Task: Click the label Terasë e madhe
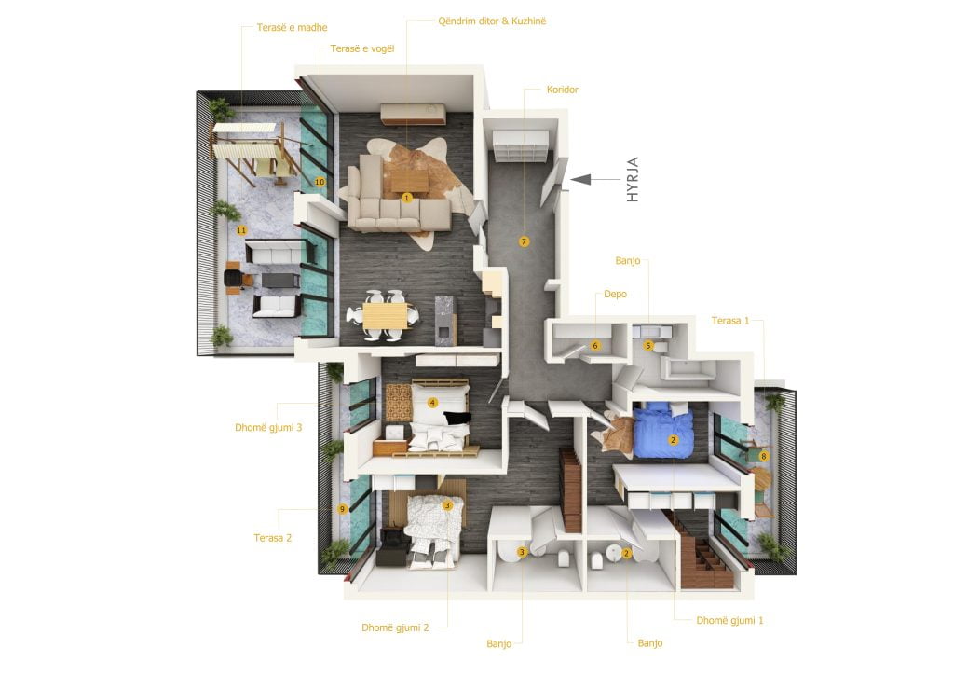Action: pos(292,27)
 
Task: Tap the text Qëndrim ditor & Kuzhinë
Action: pos(492,21)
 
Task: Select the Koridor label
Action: pos(562,90)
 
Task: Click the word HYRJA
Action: pos(633,180)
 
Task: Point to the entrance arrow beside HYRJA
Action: pos(595,180)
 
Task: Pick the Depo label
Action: pos(615,294)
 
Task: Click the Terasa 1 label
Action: pos(730,320)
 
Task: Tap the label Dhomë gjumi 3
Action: pos(268,427)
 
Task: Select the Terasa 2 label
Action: pos(273,537)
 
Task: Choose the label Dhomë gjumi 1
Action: pos(729,620)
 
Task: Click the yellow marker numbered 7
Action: pos(524,241)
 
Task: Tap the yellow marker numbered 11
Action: pos(241,230)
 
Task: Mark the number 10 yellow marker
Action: pos(320,182)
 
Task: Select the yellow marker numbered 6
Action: pos(595,345)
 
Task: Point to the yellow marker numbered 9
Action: pos(343,509)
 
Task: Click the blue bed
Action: pos(663,431)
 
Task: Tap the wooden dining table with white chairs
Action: pos(385,316)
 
